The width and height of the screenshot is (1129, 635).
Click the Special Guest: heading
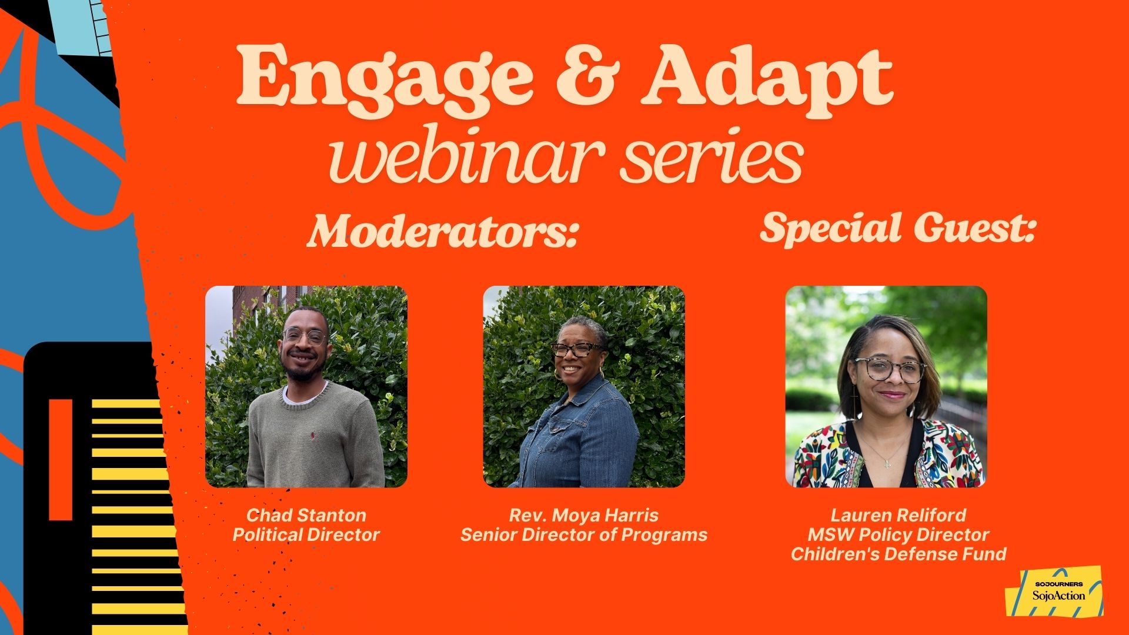tap(897, 228)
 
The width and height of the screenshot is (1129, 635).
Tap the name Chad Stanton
tap(306, 515)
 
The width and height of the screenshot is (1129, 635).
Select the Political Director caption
tap(306, 535)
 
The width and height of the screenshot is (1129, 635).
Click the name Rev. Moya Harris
tap(583, 516)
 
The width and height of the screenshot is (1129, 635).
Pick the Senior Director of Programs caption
tap(583, 535)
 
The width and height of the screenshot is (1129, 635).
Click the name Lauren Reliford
tap(898, 515)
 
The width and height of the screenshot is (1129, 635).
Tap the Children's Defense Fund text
tap(898, 554)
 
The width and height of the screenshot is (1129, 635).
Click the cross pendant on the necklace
tap(887, 464)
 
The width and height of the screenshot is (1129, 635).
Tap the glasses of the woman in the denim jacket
tap(577, 349)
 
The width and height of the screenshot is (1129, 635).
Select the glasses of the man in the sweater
tap(305, 336)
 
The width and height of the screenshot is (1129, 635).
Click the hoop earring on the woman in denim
tap(557, 375)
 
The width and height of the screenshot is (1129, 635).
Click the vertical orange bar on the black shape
tap(61, 459)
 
